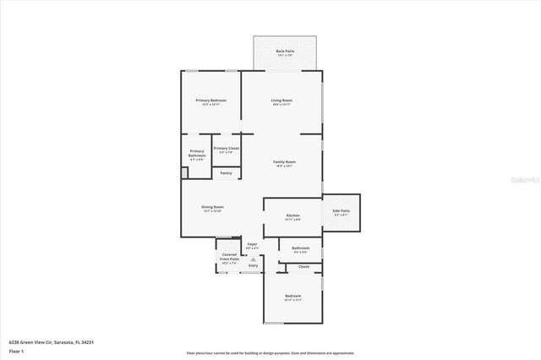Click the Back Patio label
pyautogui.click(x=285, y=52)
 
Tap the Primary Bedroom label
pyautogui.click(x=211, y=101)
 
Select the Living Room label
pyautogui.click(x=281, y=101)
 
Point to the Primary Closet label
pyautogui.click(x=226, y=149)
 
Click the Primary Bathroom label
pyautogui.click(x=197, y=154)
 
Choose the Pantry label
pyautogui.click(x=226, y=173)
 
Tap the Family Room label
pyautogui.click(x=284, y=161)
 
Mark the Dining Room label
pyautogui.click(x=212, y=207)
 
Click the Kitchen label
pyautogui.click(x=293, y=215)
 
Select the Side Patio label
pyautogui.click(x=342, y=211)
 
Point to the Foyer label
pyautogui.click(x=252, y=244)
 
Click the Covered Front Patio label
pyautogui.click(x=229, y=257)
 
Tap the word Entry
pyautogui.click(x=253, y=265)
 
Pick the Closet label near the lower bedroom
pyautogui.click(x=303, y=267)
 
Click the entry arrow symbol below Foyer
pyautogui.click(x=252, y=258)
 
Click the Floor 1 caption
pyautogui.click(x=16, y=351)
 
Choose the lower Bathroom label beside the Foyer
pyautogui.click(x=300, y=248)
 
